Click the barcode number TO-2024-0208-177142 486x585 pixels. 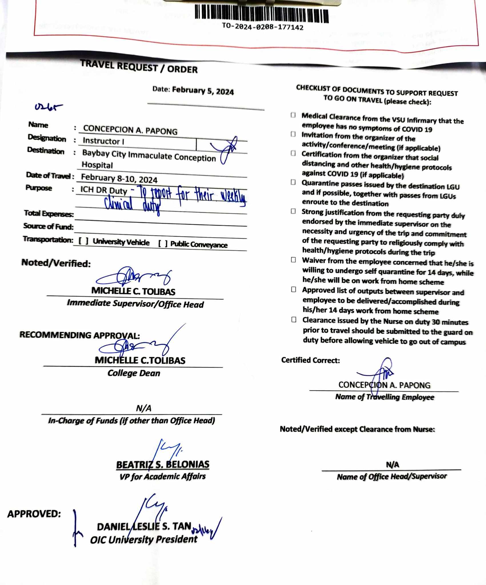263,27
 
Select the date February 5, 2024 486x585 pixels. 203,91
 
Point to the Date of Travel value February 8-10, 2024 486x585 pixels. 119,178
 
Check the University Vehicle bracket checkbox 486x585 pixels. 83,241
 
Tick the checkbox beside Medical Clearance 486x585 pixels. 293,115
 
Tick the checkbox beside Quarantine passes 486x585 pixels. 293,182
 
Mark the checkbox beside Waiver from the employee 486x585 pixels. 293,260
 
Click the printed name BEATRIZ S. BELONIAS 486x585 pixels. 163,465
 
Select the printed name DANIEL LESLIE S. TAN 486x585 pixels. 144,526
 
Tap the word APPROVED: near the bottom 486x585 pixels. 34,514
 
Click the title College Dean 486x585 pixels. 134,373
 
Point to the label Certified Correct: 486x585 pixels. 311,360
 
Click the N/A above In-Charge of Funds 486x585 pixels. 143,408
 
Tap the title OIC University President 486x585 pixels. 144,539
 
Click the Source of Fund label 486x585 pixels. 48,226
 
